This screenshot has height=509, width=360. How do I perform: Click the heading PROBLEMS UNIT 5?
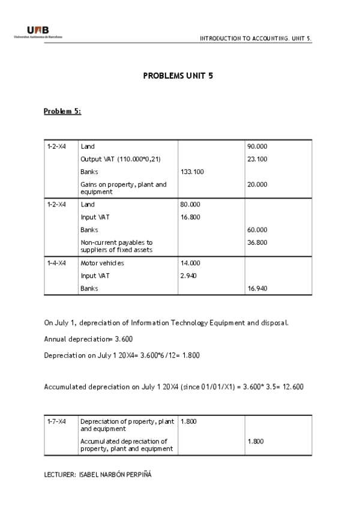[x=178, y=76]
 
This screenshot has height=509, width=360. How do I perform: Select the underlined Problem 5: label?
[x=62, y=111]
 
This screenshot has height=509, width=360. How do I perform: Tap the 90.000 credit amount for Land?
[x=257, y=146]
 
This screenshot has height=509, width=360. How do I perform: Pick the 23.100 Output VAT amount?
[x=257, y=159]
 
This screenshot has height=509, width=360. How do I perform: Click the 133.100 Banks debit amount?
[x=192, y=172]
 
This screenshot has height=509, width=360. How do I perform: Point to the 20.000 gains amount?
[x=257, y=184]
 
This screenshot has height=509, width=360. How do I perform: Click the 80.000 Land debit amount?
[x=190, y=205]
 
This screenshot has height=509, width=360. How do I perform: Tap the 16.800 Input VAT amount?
[x=190, y=217]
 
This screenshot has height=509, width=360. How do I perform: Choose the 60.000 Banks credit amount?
[x=257, y=230]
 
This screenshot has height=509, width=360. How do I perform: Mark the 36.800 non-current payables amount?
[x=257, y=242]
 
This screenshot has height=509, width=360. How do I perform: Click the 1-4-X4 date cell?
[x=56, y=263]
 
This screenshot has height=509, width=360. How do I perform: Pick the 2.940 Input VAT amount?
[x=188, y=276]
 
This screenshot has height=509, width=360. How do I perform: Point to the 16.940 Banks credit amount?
[x=257, y=288]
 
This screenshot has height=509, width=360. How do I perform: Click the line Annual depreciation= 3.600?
[x=88, y=339]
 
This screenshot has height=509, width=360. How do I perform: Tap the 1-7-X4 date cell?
[x=56, y=421]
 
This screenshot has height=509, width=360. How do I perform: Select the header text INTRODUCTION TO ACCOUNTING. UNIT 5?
[x=256, y=38]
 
